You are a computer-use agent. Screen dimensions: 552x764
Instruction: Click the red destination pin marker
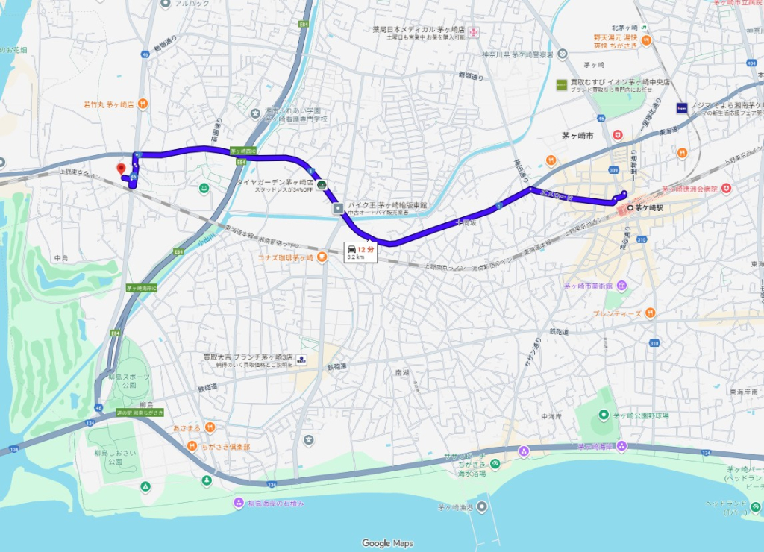point(121,169)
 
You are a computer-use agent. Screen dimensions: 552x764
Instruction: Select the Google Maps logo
point(387,543)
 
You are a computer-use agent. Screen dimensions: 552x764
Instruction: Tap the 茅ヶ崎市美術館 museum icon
point(622,286)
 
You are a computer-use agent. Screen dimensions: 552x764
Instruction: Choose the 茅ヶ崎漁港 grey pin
point(482,507)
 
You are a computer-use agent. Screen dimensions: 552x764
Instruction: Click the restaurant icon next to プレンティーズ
point(650,313)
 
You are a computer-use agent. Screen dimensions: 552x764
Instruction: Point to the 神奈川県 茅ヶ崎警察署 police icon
point(562,54)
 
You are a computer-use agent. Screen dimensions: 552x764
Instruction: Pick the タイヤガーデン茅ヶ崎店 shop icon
point(321,184)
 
